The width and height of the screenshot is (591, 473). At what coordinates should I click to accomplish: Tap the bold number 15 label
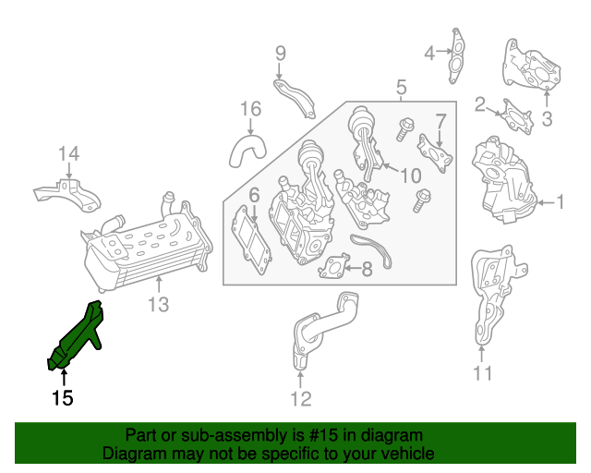62,398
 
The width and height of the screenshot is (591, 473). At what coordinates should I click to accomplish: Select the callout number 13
158,304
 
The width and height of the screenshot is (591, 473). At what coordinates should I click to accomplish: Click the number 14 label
69,154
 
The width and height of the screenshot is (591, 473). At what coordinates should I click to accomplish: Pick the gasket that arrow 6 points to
251,240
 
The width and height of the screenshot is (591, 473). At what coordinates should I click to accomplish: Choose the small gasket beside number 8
334,267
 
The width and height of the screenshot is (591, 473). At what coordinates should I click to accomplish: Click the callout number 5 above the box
402,88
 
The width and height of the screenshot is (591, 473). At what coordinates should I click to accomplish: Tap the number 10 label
410,176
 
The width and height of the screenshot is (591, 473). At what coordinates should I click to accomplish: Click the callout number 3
547,119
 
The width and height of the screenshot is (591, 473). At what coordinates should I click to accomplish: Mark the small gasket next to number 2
517,116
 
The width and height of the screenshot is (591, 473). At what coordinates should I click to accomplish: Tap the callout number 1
561,201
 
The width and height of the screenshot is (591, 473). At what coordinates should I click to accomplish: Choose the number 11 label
483,373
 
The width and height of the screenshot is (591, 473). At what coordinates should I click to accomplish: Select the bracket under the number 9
295,98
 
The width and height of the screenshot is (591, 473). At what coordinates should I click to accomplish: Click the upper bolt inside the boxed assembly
404,129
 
